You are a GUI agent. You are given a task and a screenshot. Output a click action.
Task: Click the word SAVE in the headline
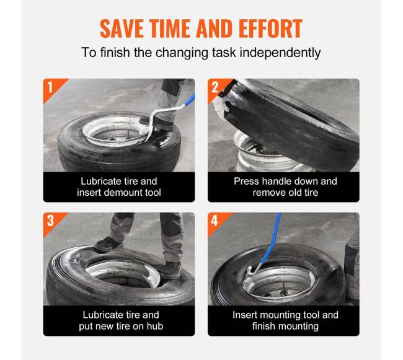click(122, 29)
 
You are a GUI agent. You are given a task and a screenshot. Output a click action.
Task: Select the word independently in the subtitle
click(280, 53)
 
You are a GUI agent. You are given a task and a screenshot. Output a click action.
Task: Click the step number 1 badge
click(50, 87)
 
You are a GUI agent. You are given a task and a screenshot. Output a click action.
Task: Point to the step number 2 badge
click(215, 87)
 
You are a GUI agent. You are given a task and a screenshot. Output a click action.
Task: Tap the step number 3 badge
click(50, 221)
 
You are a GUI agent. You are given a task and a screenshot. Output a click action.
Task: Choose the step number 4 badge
click(215, 221)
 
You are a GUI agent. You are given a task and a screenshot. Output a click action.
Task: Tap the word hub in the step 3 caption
click(155, 327)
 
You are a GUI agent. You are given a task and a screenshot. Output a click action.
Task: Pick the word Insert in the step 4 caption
click(244, 315)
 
